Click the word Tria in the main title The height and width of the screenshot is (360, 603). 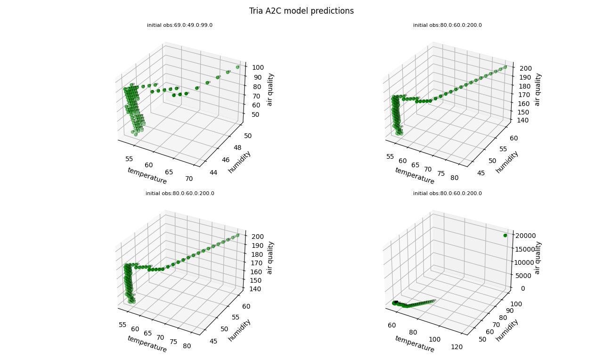(257, 11)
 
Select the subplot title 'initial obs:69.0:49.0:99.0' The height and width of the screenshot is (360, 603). (179, 25)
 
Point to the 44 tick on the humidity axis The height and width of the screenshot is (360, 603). (213, 172)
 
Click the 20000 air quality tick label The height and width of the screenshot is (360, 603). (523, 236)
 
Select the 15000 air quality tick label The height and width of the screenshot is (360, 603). (523, 249)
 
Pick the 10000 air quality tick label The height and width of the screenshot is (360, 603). (523, 262)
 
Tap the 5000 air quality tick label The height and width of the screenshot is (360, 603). (521, 275)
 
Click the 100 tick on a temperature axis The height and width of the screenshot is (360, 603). (435, 339)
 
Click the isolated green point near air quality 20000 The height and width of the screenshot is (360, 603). (505, 235)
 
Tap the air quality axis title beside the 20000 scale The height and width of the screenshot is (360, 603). (538, 258)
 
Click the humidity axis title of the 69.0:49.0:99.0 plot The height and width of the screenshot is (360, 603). (239, 162)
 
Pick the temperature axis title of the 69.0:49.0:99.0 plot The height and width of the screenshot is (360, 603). (147, 176)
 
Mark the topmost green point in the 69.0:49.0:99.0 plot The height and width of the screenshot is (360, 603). (237, 67)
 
